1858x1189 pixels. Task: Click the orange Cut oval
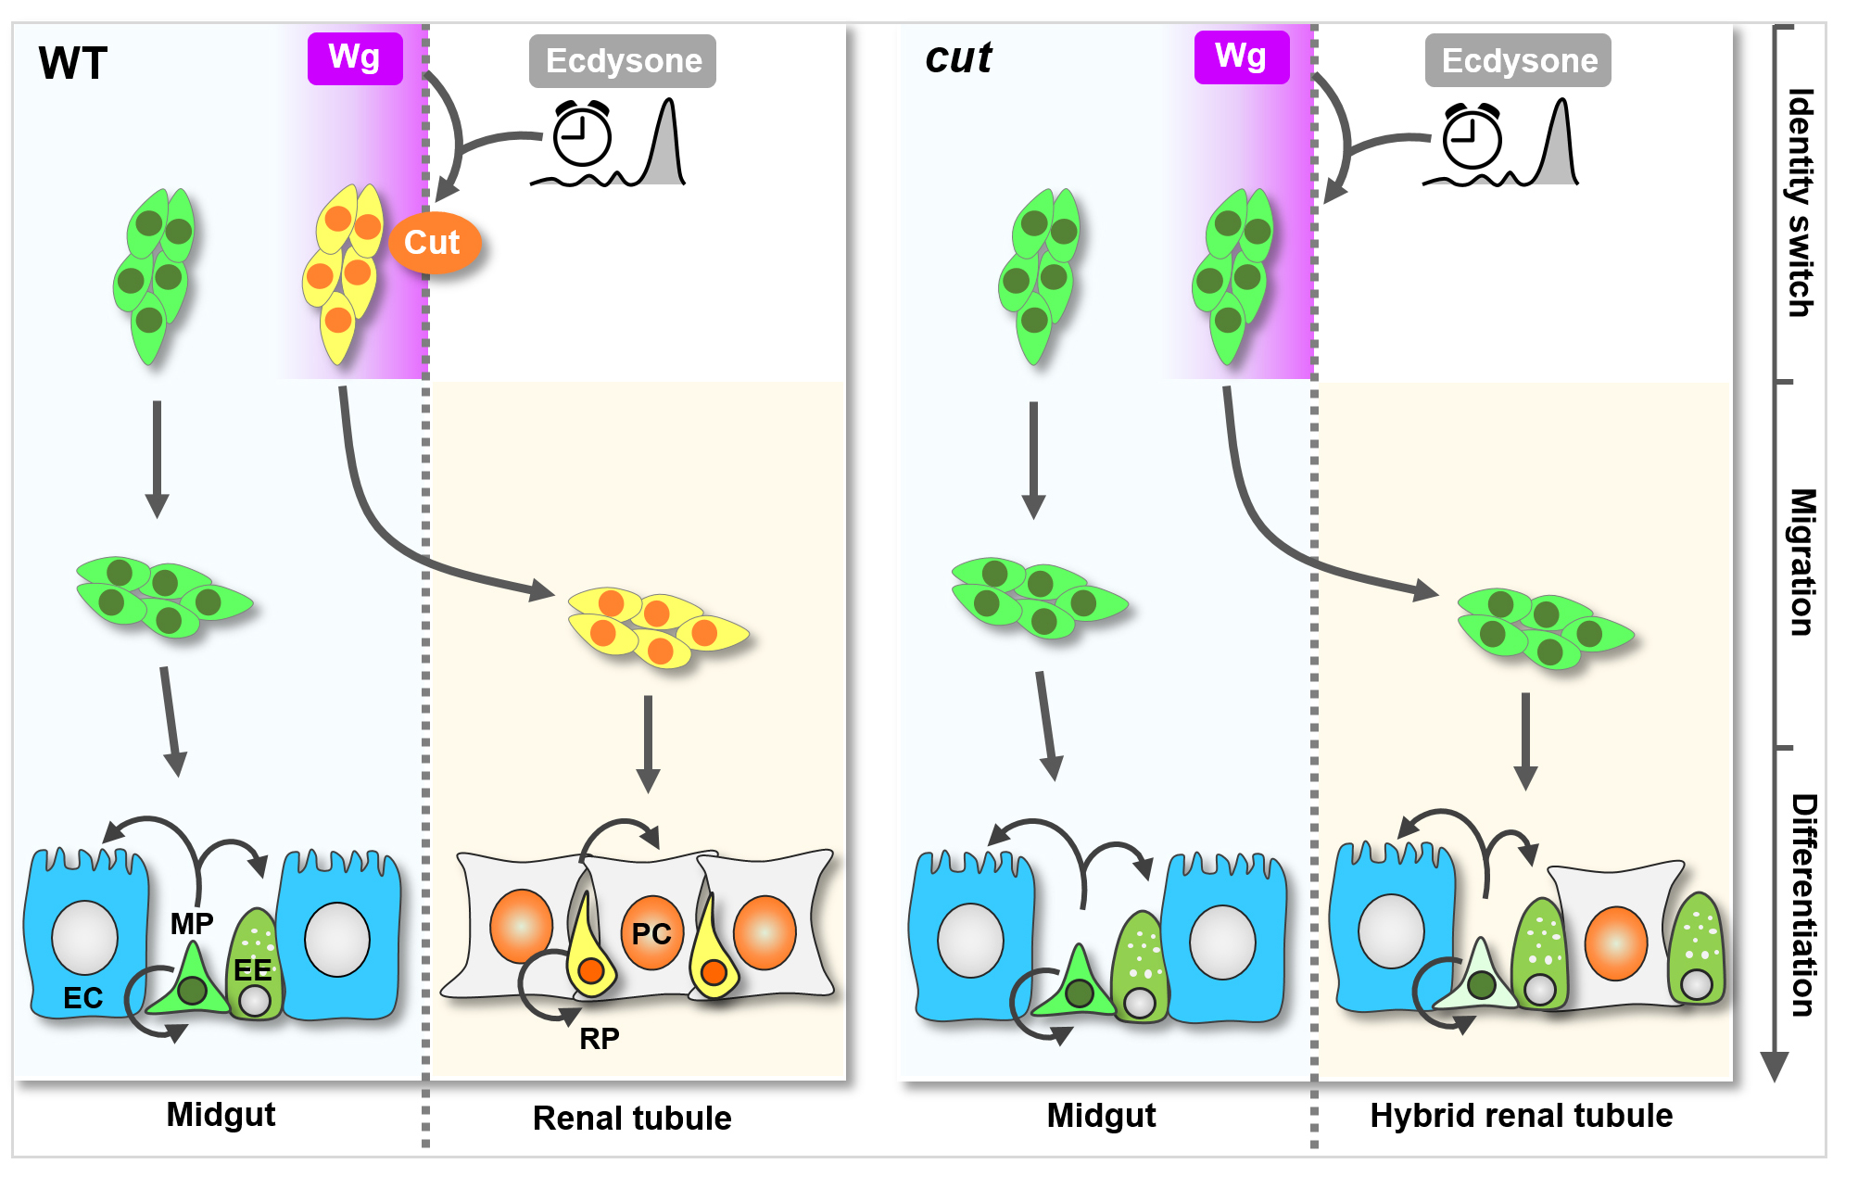pyautogui.click(x=434, y=243)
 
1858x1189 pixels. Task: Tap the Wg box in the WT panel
pyautogui.click(x=355, y=58)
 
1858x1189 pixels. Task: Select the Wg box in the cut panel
pyautogui.click(x=1241, y=57)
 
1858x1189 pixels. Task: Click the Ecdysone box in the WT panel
pyautogui.click(x=623, y=61)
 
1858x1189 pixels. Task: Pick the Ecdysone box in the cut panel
pyautogui.click(x=1518, y=61)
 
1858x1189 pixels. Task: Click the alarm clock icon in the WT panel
pyautogui.click(x=582, y=135)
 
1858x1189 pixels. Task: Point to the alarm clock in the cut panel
pyautogui.click(x=1472, y=137)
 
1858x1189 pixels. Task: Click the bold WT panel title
pyautogui.click(x=73, y=64)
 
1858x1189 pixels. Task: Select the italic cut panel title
pyautogui.click(x=958, y=58)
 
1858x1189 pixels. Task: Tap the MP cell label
pyautogui.click(x=192, y=924)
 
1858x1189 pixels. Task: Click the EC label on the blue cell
pyautogui.click(x=82, y=998)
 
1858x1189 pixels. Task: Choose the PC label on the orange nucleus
pyautogui.click(x=651, y=934)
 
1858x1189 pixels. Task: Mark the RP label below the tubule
pyautogui.click(x=600, y=1039)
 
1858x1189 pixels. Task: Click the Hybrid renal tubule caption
pyautogui.click(x=1522, y=1116)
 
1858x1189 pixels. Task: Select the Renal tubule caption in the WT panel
pyautogui.click(x=632, y=1119)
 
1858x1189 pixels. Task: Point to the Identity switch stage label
pyautogui.click(x=1800, y=203)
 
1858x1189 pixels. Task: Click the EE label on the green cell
pyautogui.click(x=253, y=970)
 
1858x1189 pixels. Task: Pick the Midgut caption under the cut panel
pyautogui.click(x=1101, y=1116)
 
